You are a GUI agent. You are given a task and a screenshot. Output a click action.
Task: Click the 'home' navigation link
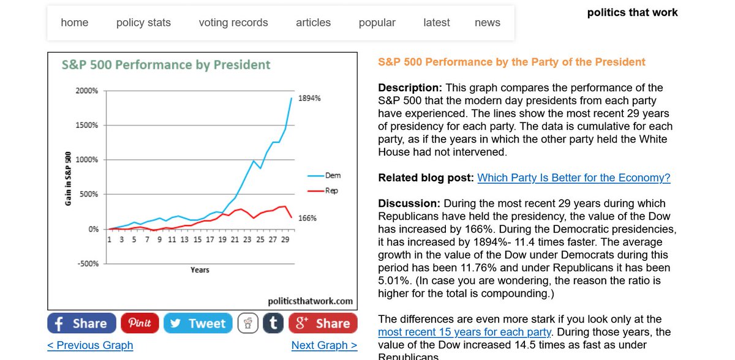click(75, 23)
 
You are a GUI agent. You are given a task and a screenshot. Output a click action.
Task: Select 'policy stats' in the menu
click(143, 23)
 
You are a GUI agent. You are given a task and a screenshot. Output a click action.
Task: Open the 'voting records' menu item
click(233, 23)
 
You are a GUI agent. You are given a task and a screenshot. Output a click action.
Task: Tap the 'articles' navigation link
click(313, 23)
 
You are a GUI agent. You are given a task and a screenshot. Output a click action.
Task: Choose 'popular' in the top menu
click(377, 23)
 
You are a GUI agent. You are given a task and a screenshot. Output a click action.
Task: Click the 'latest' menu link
click(437, 23)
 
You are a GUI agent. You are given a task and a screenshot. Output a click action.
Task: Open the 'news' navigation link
click(488, 23)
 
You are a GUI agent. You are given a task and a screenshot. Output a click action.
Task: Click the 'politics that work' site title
click(632, 12)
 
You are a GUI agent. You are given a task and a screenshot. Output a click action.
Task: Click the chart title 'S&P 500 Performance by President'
click(166, 65)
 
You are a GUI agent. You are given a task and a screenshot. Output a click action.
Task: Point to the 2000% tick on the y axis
click(86, 91)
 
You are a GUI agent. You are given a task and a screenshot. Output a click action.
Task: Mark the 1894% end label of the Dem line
click(309, 98)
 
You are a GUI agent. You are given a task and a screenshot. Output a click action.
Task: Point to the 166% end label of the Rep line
click(307, 218)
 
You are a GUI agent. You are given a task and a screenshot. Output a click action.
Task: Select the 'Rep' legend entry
click(331, 190)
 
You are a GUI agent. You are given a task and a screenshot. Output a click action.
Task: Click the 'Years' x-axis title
click(200, 270)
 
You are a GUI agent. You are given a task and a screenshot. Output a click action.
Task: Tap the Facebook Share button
click(81, 323)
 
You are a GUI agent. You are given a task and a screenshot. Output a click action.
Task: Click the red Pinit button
click(140, 323)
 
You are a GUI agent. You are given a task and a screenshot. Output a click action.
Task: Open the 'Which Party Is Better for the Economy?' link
click(573, 178)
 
